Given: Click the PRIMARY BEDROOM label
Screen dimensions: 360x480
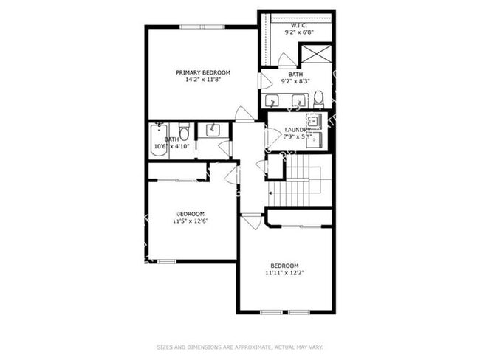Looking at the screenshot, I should [x=203, y=72].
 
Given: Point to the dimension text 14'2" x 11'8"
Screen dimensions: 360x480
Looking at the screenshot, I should [x=203, y=80].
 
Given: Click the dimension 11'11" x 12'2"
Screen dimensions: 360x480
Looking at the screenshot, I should [x=284, y=273].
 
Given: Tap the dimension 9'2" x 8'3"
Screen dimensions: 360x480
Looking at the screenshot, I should [x=295, y=81].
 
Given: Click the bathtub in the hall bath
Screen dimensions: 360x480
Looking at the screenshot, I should [x=157, y=139].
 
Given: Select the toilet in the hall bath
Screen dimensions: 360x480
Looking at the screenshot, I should [x=185, y=131].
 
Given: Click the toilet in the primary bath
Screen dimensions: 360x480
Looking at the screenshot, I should [x=318, y=99].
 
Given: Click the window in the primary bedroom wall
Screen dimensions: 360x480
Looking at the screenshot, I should [x=203, y=27].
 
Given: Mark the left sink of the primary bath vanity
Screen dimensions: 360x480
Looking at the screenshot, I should [x=275, y=101].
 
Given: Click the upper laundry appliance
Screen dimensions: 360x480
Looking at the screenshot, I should [x=312, y=121].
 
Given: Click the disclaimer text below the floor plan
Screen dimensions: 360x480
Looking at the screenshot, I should [x=240, y=345].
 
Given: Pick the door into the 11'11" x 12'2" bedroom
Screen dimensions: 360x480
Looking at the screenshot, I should [x=252, y=221].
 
